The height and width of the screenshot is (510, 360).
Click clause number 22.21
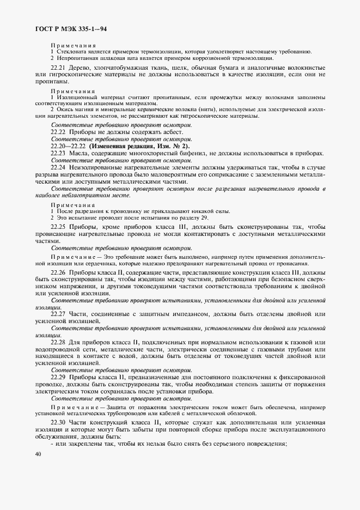point(58,68)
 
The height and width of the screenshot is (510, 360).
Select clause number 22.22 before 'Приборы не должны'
point(58,132)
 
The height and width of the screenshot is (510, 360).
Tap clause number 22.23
point(58,154)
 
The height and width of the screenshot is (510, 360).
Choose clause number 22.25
point(58,226)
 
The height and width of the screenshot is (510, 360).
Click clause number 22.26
point(58,271)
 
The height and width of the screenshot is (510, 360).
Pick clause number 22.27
point(58,314)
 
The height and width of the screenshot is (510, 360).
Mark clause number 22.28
point(58,342)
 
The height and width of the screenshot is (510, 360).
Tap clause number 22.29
point(58,377)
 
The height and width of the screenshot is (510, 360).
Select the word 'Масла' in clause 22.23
point(79,154)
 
